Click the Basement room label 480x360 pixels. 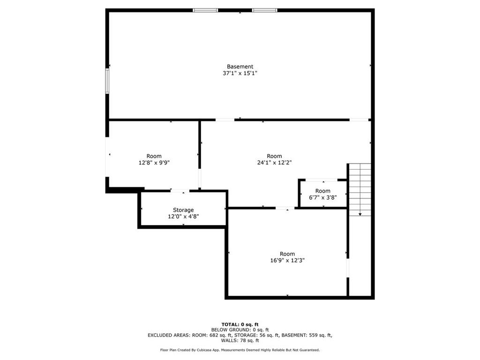click(240, 67)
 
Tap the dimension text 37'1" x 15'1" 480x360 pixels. click(240, 74)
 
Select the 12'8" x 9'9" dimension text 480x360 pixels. click(154, 163)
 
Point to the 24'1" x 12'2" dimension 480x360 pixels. click(274, 163)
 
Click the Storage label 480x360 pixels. click(183, 210)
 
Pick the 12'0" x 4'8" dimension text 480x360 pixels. click(183, 217)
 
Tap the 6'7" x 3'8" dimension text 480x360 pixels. click(322, 197)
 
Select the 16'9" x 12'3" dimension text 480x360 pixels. click(287, 260)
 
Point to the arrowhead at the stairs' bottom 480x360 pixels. click(360, 214)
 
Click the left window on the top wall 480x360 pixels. click(205, 10)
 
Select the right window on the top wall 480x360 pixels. click(264, 10)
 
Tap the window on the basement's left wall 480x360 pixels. click(107, 81)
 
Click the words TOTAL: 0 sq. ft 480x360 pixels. click(240, 324)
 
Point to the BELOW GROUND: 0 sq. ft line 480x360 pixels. click(240, 330)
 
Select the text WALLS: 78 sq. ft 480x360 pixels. click(240, 341)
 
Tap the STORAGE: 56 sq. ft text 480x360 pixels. click(259, 335)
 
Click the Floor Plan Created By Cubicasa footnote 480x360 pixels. click(240, 350)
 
